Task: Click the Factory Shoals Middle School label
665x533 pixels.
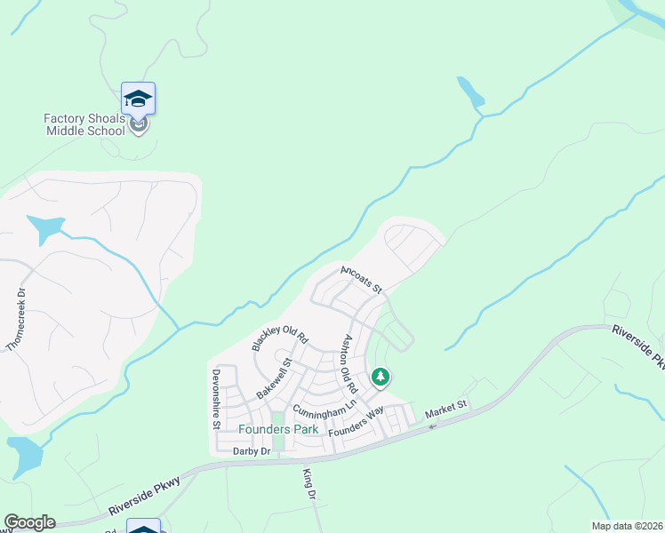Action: point(84,124)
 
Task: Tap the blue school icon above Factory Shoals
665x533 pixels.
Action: point(138,98)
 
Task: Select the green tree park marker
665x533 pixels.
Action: point(381,378)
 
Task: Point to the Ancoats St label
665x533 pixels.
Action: point(360,277)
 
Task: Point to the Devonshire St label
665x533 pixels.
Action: point(215,400)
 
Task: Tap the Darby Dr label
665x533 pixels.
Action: point(251,451)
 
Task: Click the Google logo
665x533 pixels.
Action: point(29,522)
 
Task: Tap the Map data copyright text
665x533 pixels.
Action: point(627,526)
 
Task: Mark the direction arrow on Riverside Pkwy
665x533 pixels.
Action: point(432,427)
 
